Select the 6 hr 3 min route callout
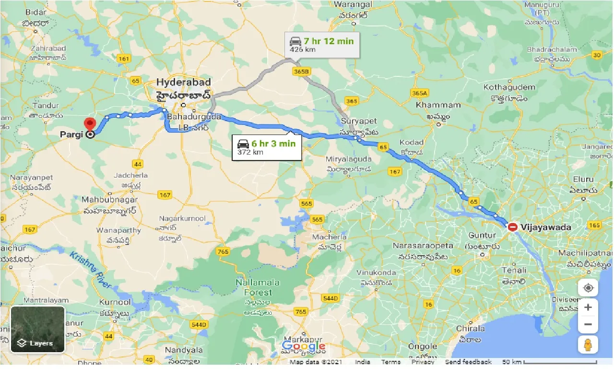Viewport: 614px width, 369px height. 267,148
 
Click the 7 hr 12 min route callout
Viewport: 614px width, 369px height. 322,45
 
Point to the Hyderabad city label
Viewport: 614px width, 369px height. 183,82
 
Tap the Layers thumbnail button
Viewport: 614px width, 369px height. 38,329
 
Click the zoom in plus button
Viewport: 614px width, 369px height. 588,307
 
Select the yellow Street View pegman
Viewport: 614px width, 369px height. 588,344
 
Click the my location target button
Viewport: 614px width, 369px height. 588,288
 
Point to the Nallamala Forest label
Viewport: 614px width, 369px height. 254,287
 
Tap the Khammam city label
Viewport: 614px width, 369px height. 438,105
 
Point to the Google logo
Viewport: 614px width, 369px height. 304,346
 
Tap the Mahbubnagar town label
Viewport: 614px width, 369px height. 110,199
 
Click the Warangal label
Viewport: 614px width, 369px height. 354,4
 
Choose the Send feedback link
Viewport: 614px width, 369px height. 468,362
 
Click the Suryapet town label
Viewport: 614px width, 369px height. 359,121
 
